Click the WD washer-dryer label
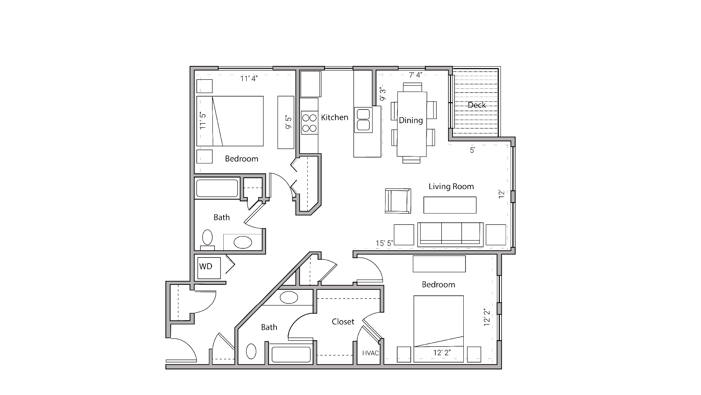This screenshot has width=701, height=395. tap(206, 266)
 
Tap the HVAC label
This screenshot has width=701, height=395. tap(370, 353)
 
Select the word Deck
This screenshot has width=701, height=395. tap(477, 105)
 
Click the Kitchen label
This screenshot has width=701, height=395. tap(334, 117)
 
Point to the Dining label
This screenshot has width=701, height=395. tap(411, 120)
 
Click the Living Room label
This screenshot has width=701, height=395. tap(451, 186)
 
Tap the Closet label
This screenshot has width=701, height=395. tap(343, 321)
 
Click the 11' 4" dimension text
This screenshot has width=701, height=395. tap(249, 79)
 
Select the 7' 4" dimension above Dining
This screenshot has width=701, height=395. tap(415, 75)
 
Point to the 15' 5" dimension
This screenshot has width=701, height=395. tap(384, 243)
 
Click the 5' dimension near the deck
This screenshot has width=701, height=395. tap(472, 150)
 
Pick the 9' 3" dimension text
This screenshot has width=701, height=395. tap(382, 94)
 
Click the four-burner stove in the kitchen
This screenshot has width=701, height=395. tap(309, 123)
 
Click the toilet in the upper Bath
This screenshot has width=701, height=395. tap(207, 238)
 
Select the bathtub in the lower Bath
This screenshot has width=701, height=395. tap(291, 354)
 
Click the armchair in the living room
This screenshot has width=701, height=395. tap(398, 201)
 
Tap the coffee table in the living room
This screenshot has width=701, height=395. tap(450, 205)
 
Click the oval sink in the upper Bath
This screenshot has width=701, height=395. tap(243, 242)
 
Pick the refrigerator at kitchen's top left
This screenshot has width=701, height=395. tap(311, 84)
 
